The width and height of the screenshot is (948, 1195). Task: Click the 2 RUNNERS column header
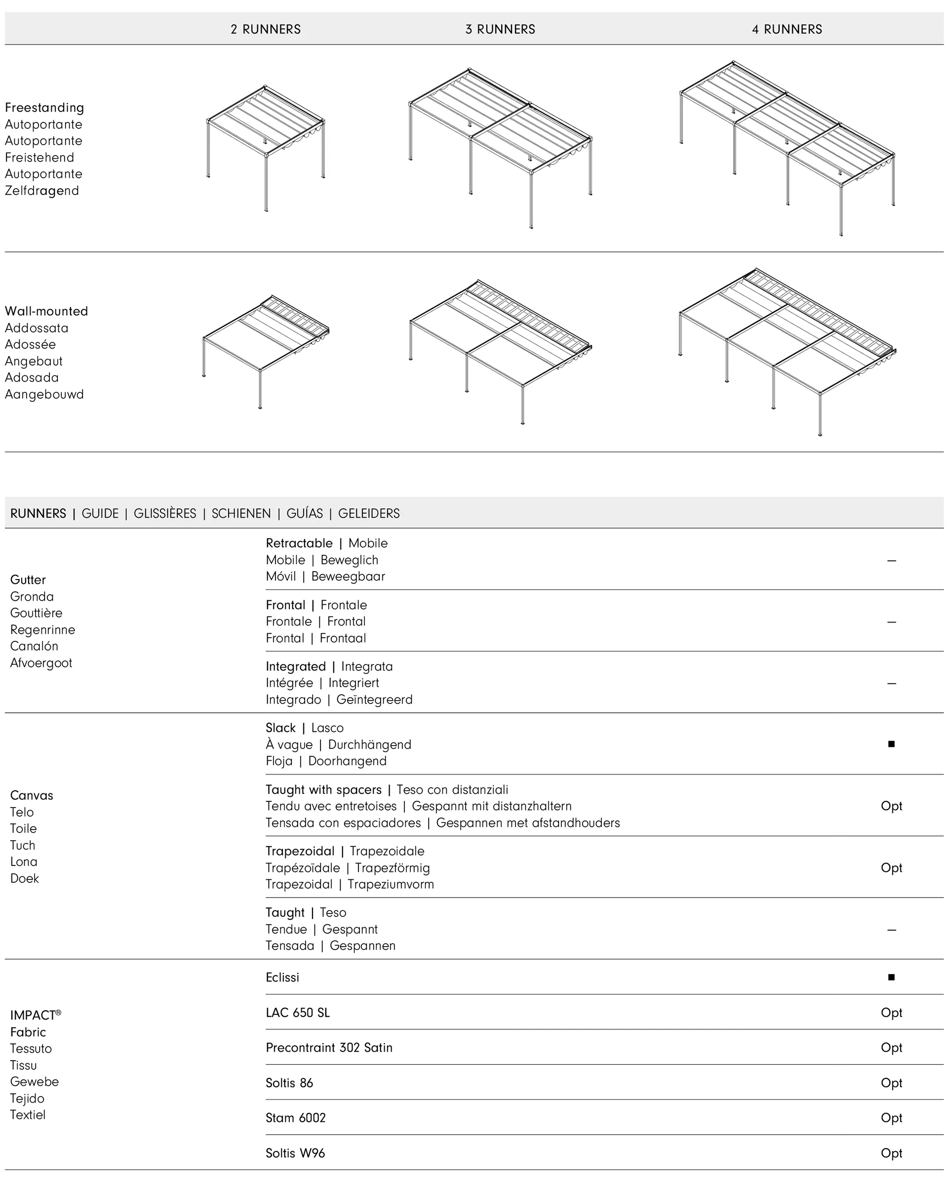pyautogui.click(x=266, y=29)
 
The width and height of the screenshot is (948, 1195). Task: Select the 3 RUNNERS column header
pyautogui.click(x=500, y=29)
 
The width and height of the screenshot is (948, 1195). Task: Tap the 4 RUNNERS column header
pyautogui.click(x=787, y=29)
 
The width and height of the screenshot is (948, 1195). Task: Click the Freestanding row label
pyautogui.click(x=44, y=108)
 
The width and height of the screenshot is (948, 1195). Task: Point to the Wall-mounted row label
pyautogui.click(x=46, y=311)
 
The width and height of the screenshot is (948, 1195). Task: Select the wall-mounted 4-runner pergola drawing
pyautogui.click(x=787, y=352)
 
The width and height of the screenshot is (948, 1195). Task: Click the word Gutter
pyautogui.click(x=28, y=580)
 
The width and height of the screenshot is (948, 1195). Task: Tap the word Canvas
pyautogui.click(x=32, y=795)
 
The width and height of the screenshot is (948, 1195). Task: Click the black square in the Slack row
pyautogui.click(x=891, y=744)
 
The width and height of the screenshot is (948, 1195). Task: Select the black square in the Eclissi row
pyautogui.click(x=891, y=977)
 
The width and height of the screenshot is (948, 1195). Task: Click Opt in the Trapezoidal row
pyautogui.click(x=891, y=867)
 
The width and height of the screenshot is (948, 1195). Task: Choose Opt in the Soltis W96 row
pyautogui.click(x=891, y=1153)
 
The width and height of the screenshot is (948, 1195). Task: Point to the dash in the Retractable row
pyautogui.click(x=891, y=560)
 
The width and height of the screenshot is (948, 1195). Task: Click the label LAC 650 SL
pyautogui.click(x=298, y=1013)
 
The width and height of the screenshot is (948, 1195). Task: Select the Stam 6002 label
pyautogui.click(x=295, y=1117)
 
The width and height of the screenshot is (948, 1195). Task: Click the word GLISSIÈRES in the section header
pyautogui.click(x=164, y=513)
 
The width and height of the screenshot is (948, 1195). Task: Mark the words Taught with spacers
pyautogui.click(x=323, y=789)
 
